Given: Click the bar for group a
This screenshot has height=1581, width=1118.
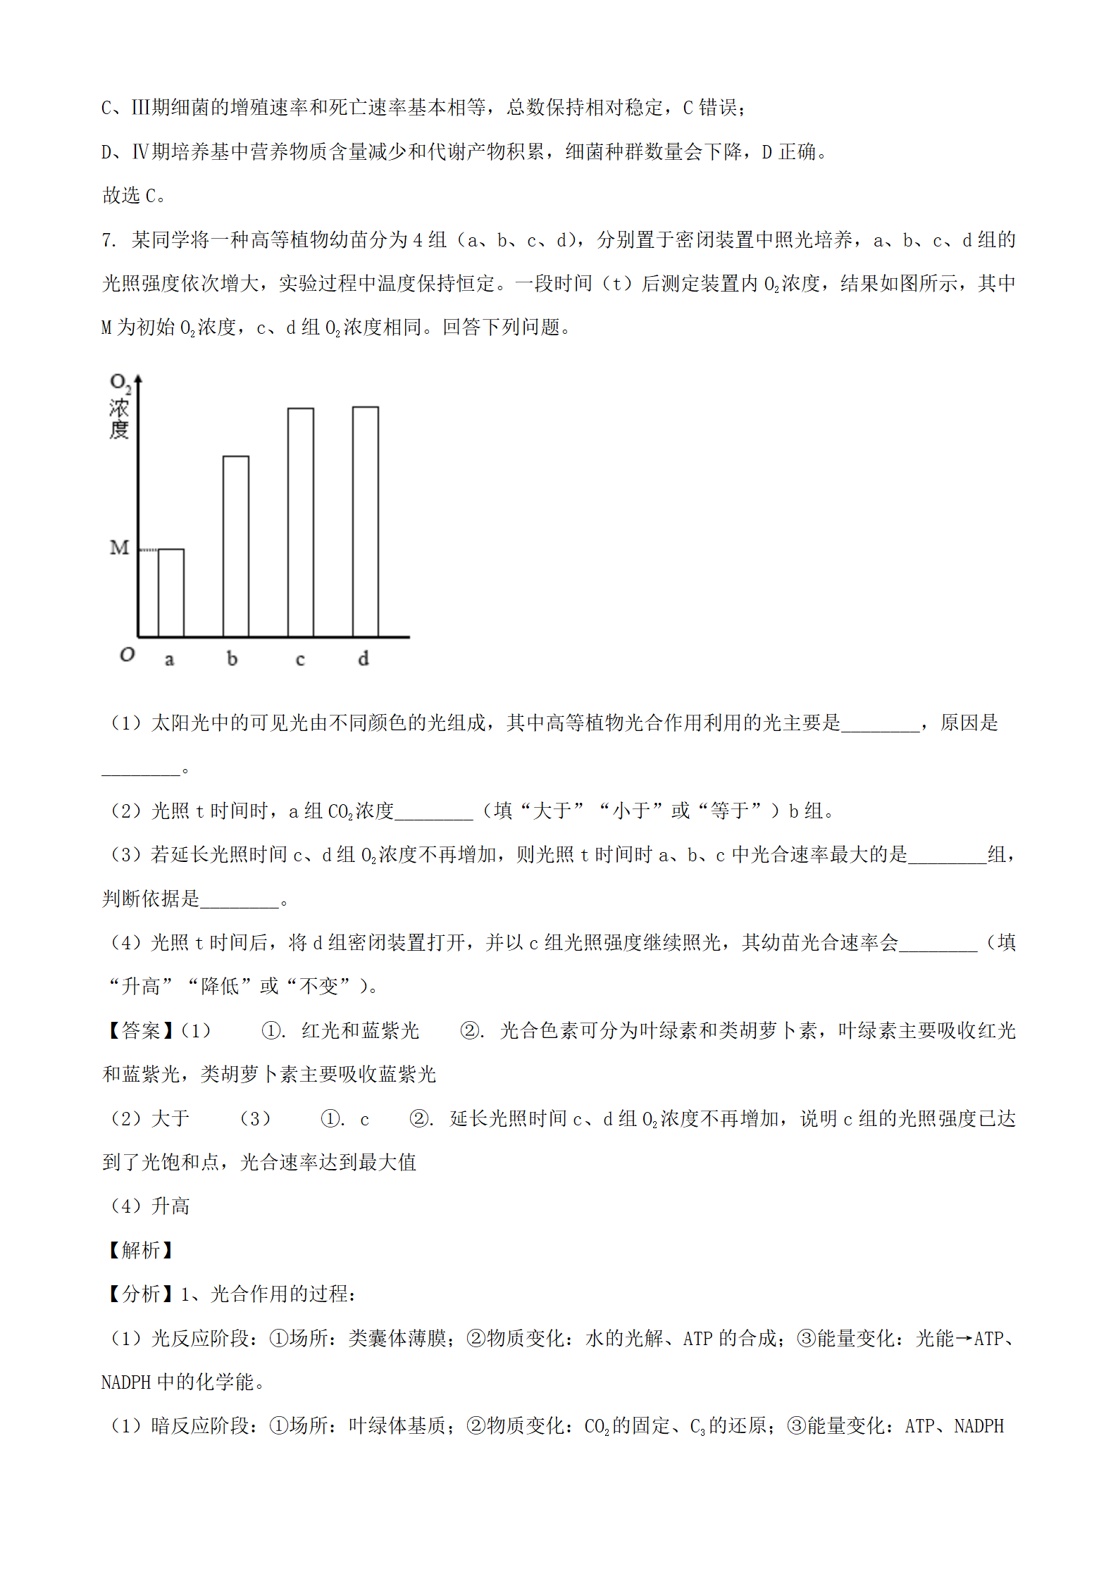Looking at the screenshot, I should [x=171, y=592].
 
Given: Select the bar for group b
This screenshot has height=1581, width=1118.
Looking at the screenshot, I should [x=236, y=546].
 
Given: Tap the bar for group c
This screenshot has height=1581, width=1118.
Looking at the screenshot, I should [x=301, y=522].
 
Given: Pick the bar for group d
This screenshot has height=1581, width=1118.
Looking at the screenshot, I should [x=366, y=521].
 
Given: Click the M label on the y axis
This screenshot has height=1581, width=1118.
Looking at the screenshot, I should [x=119, y=547].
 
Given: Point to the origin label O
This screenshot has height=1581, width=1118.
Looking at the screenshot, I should [x=127, y=654].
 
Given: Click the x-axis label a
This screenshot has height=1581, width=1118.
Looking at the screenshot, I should [x=169, y=660].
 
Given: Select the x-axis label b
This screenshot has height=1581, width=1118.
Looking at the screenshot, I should [x=232, y=658].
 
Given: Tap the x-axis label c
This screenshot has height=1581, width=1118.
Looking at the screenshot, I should [x=300, y=660].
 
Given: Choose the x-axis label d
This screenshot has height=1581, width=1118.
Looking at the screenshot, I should [x=363, y=658].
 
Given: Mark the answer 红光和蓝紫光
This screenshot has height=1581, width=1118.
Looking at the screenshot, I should [x=360, y=1031].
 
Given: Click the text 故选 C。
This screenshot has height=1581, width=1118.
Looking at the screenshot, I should [x=134, y=195].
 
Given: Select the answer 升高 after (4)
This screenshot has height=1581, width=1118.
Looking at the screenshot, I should [x=170, y=1206].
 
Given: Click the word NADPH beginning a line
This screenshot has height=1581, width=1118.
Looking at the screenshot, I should [x=126, y=1382].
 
